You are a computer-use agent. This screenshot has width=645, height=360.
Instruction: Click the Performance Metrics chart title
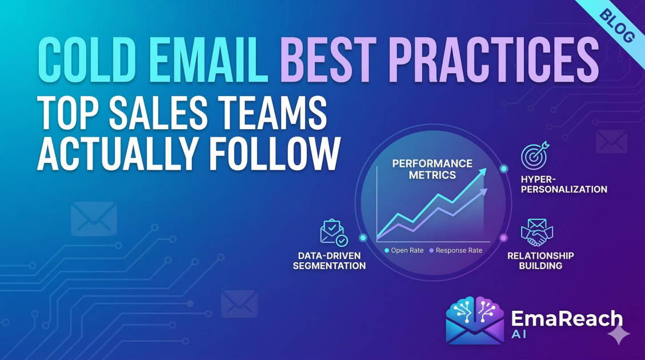tap(432, 169)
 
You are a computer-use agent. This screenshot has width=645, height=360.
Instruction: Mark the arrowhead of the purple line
tap(483, 191)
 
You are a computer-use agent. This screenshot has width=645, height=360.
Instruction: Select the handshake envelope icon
tap(537, 232)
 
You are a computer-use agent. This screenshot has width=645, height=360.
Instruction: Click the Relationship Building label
tap(540, 261)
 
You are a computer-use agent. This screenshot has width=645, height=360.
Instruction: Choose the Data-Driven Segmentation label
tap(329, 261)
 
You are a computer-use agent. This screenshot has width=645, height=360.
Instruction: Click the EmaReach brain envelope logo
tap(473, 321)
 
